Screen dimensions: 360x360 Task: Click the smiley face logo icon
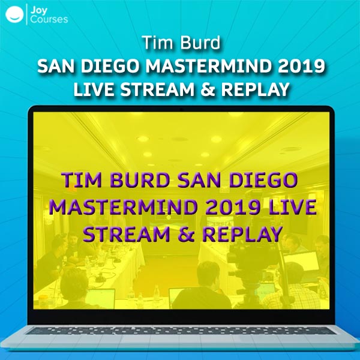(14, 14)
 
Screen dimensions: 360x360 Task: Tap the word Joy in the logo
(39, 10)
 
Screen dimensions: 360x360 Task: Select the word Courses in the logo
(49, 19)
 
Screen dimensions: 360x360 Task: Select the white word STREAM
(157, 89)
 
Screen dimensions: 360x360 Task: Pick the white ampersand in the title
(208, 89)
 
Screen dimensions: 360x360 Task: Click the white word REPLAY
(255, 89)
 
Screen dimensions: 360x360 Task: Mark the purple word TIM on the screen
(82, 180)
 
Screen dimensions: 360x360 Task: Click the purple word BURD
(140, 180)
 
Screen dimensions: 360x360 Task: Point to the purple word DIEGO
(263, 180)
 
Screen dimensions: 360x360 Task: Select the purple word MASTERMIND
(123, 207)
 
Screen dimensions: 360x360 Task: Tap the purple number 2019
(233, 207)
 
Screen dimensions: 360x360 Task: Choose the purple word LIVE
(293, 207)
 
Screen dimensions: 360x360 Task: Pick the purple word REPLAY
(242, 234)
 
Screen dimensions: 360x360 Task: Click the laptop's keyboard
(181, 331)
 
